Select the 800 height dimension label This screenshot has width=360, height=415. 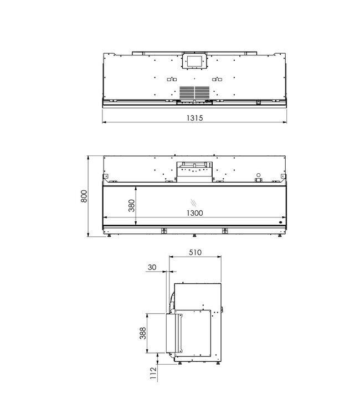[x=84, y=196]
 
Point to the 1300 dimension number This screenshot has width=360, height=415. [x=194, y=212]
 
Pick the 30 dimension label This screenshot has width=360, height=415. [x=152, y=268]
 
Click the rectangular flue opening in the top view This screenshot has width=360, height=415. [x=194, y=60]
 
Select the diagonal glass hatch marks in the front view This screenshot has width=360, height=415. [x=194, y=202]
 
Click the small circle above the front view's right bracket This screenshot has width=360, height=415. [x=258, y=173]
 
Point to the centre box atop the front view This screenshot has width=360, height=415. [x=194, y=171]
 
